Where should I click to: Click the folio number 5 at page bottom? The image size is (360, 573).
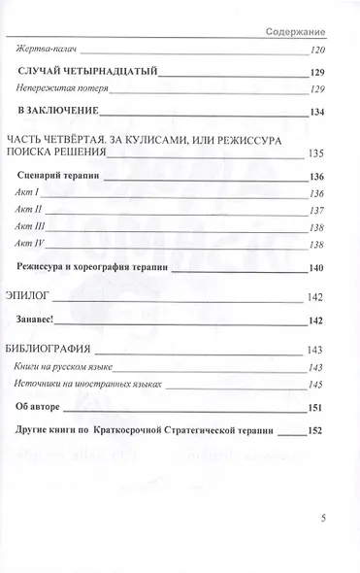point(323,491)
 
